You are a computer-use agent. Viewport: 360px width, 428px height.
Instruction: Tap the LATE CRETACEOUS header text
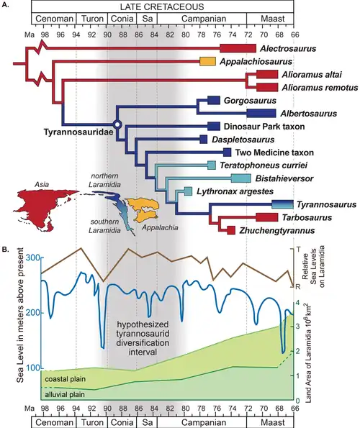coord(158,6)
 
